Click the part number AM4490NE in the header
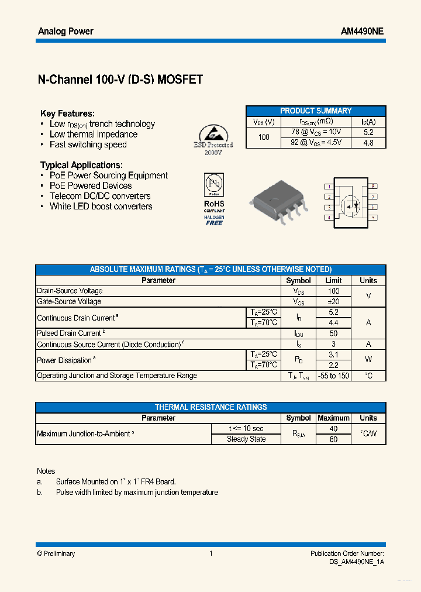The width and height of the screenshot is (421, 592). tap(362, 32)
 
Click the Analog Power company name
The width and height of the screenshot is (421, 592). tap(65, 32)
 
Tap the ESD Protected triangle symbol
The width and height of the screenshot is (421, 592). tap(213, 132)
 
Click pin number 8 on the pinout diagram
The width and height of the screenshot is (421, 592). tap(373, 186)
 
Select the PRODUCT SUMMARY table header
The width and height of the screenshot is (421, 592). tap(316, 111)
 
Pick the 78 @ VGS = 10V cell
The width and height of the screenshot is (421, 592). tap(316, 132)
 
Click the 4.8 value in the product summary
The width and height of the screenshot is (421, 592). tap(368, 143)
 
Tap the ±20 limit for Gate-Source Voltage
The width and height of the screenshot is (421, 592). tap(333, 302)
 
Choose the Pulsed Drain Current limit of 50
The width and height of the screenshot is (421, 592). tap(333, 333)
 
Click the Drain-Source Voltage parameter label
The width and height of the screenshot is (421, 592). tap(70, 291)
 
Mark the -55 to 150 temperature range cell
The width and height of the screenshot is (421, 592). tap(333, 376)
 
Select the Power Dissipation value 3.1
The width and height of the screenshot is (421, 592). tap(333, 354)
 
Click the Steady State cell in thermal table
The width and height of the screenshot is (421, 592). tap(246, 439)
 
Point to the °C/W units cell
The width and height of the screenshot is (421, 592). tap(368, 434)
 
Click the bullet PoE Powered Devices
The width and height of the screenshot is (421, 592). tap(90, 186)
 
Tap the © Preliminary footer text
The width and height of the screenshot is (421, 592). tap(56, 553)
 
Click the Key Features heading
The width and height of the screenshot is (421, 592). tap(67, 113)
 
